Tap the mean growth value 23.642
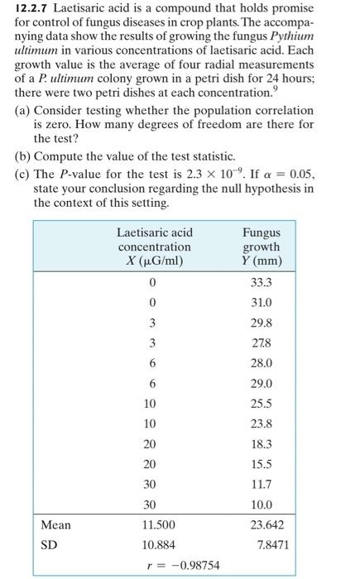click(262, 525)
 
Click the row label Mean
click(57, 525)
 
